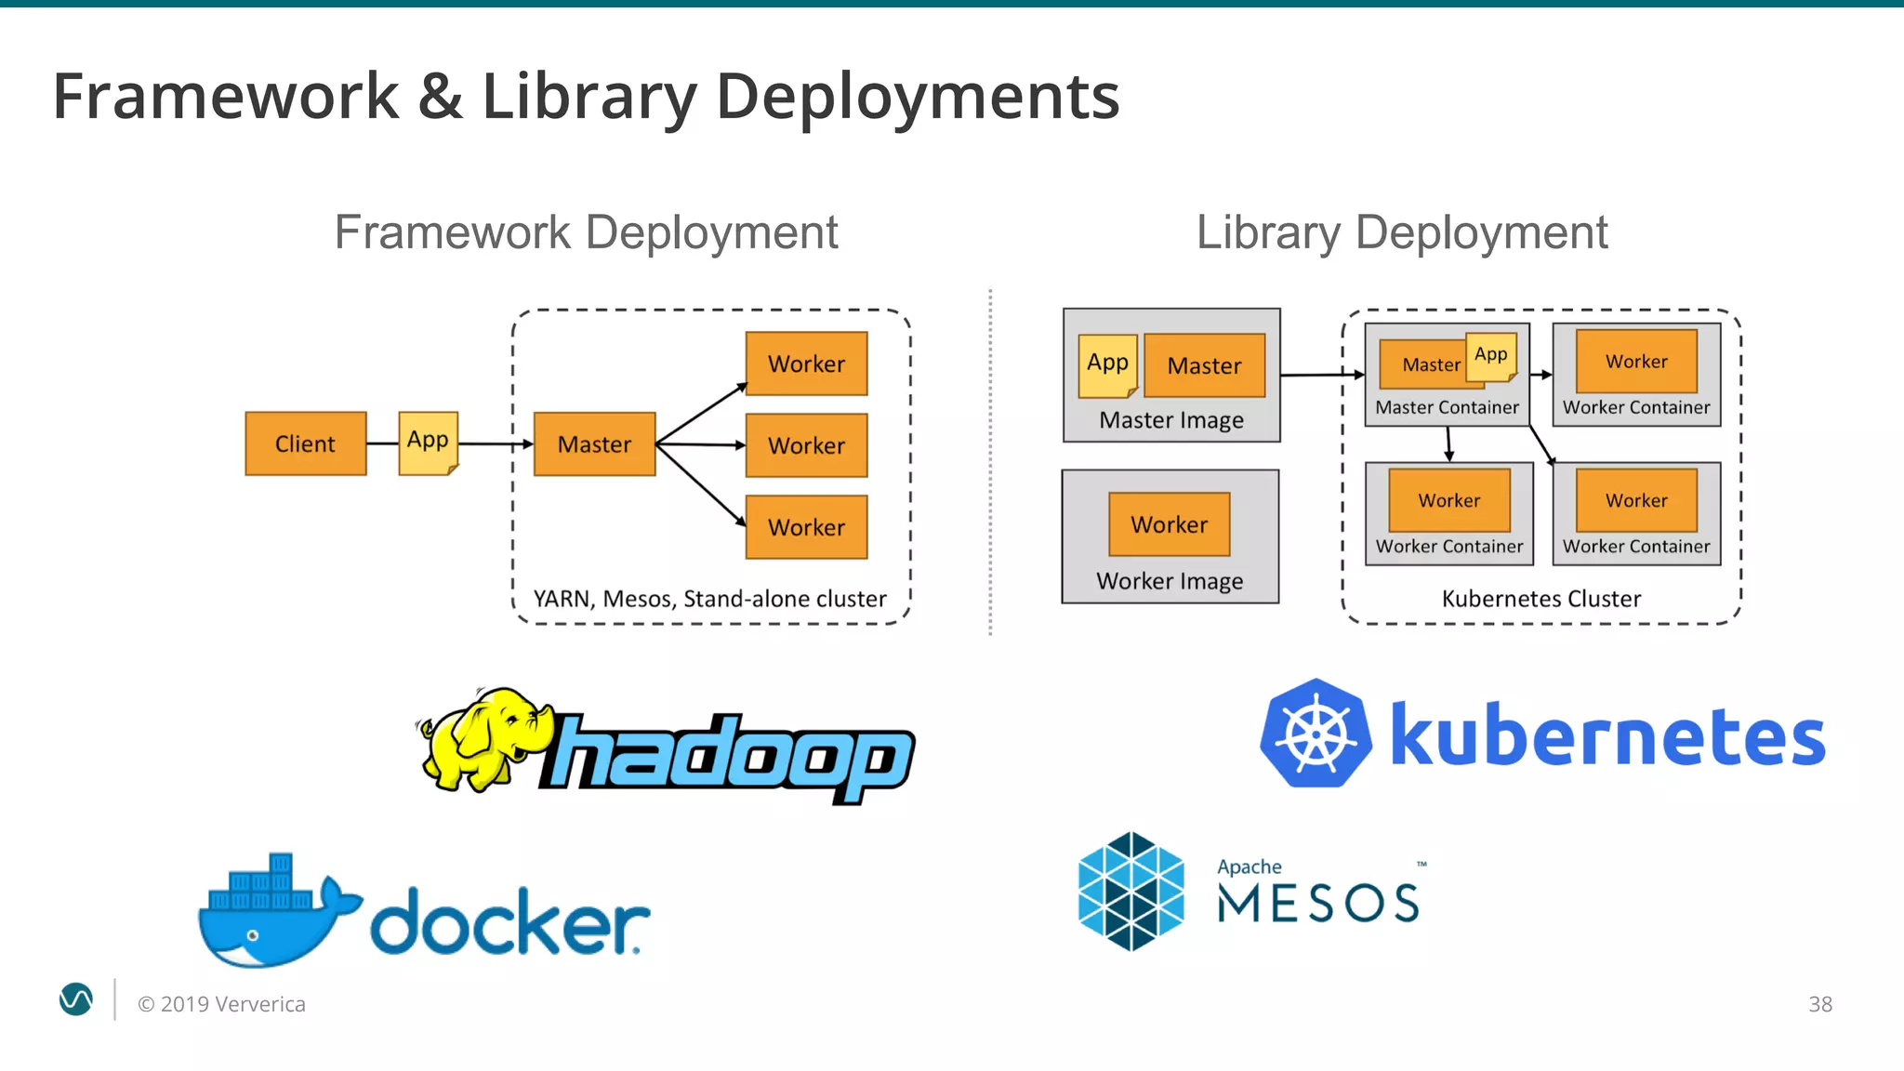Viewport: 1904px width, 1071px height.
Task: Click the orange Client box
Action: coord(305,443)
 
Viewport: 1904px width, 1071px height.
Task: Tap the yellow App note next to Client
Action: coord(428,443)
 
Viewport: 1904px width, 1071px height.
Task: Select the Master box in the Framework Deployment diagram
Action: coord(594,444)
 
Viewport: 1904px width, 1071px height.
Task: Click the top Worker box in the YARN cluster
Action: coord(806,364)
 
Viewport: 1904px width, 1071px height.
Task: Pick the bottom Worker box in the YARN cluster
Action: coord(806,527)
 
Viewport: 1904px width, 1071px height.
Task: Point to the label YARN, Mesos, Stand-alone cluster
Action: coord(709,599)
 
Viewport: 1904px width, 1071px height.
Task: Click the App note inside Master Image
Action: coord(1107,364)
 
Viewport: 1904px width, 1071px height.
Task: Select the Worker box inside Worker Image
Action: coord(1169,524)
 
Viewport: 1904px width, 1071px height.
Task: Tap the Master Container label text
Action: coord(1447,407)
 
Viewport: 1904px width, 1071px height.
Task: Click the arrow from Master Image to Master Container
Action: coord(1320,375)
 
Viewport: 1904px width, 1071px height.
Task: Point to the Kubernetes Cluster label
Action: coord(1540,599)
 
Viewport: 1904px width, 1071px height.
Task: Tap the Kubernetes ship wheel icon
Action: coord(1316,734)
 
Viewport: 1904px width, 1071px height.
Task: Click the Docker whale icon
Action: coord(274,916)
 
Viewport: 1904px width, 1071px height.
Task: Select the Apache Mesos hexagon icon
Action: coord(1130,892)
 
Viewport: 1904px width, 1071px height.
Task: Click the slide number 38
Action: coord(1819,1004)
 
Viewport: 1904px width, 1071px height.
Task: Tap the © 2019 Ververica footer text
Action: coord(221,1004)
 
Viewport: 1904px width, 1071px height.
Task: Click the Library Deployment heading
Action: coord(1401,232)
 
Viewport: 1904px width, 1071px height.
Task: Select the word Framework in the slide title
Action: coord(226,97)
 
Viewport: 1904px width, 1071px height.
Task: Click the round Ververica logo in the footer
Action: coord(76,999)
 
